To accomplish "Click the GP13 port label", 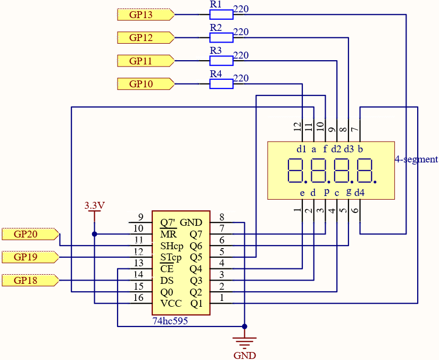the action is tap(146, 14).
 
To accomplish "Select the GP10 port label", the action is tap(146, 84).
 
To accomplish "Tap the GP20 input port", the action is tap(30, 234).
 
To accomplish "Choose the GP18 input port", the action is tap(30, 280).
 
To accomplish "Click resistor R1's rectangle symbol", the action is tap(221, 14).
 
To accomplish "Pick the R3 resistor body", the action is tap(221, 61).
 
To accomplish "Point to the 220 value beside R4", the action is tap(241, 78).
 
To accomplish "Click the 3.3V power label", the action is tap(94, 206).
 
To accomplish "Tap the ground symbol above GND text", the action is tap(244, 342).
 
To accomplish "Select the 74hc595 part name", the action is tap(170, 321).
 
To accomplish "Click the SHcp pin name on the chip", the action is tap(172, 246).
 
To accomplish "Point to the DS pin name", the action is tap(167, 281).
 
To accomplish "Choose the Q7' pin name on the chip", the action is tap(168, 223).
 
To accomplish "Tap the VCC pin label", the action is tap(171, 304).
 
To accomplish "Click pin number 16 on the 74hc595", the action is tap(138, 298).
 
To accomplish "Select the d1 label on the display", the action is tap(302, 149).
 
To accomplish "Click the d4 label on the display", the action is tap(360, 193).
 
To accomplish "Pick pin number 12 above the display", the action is tap(297, 127).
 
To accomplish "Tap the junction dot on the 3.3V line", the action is tap(94, 234).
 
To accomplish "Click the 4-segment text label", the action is tap(416, 159).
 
